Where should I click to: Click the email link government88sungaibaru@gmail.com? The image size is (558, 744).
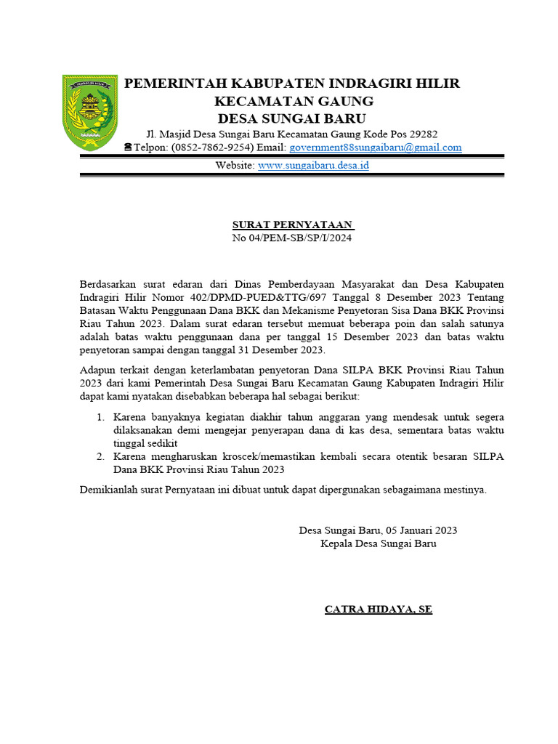tap(375, 147)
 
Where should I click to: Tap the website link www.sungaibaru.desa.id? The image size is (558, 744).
tap(314, 166)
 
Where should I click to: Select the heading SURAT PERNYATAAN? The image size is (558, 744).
tap(293, 225)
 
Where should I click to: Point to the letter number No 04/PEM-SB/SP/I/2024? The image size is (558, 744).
tap(291, 238)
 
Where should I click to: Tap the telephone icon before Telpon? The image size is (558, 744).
tap(128, 147)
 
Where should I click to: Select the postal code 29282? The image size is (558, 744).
tap(423, 134)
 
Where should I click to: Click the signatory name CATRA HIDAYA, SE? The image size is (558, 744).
tap(378, 609)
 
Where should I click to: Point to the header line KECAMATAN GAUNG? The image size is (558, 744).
tap(293, 101)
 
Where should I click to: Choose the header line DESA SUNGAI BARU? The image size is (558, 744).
tap(293, 118)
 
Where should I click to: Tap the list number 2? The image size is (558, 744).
tap(101, 456)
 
